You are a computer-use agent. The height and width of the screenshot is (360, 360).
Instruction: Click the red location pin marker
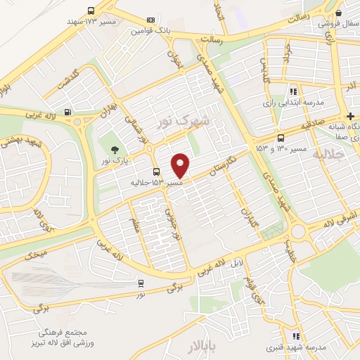(181, 165)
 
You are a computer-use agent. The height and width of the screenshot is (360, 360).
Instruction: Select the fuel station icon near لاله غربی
(67, 112)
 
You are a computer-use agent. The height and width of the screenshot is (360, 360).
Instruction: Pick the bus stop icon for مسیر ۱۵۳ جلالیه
(156, 172)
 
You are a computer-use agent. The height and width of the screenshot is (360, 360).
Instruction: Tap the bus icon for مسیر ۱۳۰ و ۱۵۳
(281, 139)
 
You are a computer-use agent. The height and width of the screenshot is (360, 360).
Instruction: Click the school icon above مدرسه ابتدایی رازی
(294, 91)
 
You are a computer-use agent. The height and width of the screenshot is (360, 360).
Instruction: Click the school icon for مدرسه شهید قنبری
(296, 336)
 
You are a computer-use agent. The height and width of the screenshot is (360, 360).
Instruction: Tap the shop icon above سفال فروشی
(339, 13)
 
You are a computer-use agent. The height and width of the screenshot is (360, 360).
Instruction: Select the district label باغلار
(204, 347)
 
